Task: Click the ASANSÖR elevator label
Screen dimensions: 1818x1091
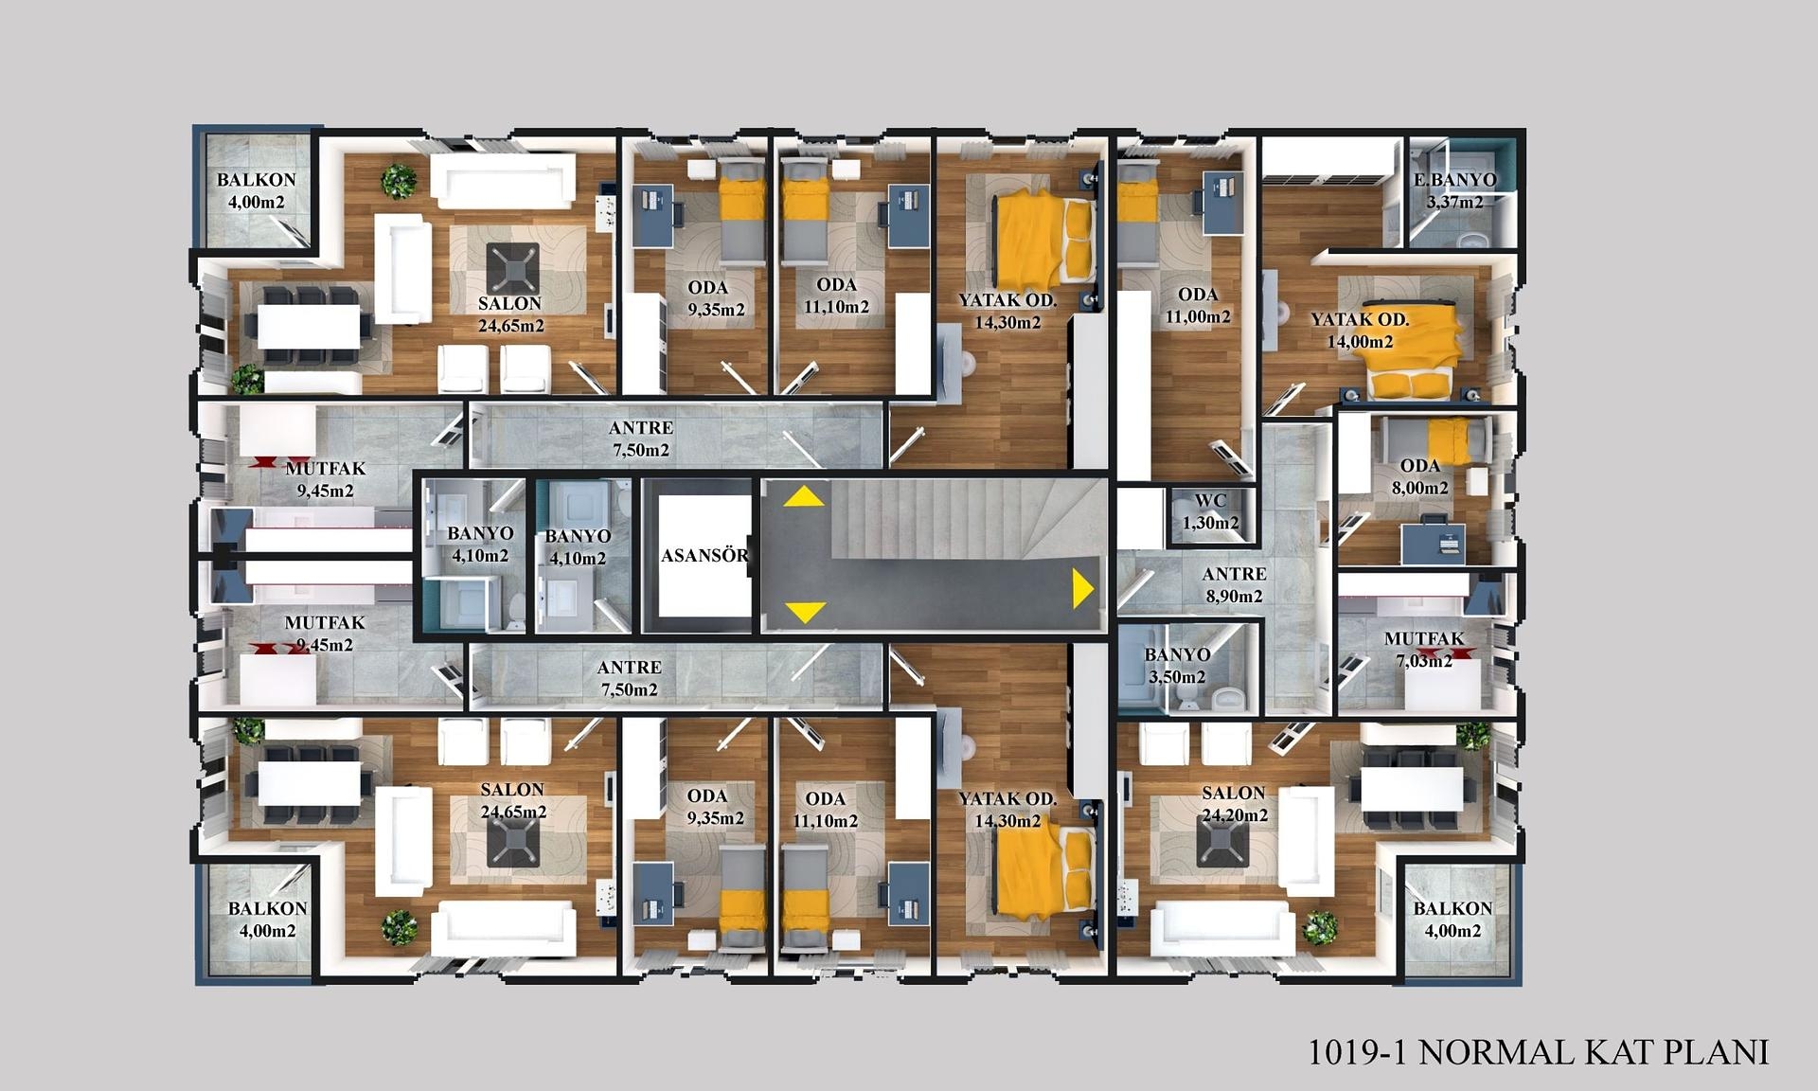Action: (704, 556)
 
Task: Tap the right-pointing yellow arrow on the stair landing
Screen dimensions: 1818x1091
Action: (1083, 588)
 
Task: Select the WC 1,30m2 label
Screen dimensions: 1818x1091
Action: (1210, 511)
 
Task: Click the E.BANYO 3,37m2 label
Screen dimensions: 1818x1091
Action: (1455, 190)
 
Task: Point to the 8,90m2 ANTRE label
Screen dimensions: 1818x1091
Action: (1234, 584)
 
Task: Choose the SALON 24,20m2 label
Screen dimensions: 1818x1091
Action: (1234, 803)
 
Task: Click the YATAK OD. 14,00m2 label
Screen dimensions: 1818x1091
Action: (1360, 330)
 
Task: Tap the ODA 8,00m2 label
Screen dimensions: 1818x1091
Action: (1420, 476)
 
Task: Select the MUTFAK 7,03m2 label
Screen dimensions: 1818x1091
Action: (1424, 650)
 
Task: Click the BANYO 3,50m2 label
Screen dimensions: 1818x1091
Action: (1177, 666)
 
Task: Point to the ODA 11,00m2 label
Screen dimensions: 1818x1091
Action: (1198, 305)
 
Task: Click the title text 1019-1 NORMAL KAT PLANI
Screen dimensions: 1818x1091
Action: (1539, 1052)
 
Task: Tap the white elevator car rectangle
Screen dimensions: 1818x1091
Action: (704, 555)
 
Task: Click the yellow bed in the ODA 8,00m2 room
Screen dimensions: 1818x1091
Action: (1448, 441)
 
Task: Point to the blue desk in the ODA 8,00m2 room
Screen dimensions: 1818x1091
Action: (1434, 542)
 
